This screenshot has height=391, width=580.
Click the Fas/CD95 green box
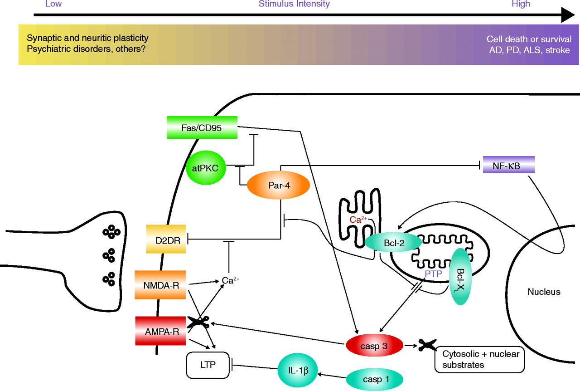pyautogui.click(x=202, y=127)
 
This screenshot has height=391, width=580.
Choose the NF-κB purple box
pyautogui.click(x=509, y=165)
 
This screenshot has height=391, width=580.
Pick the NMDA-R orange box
pyautogui.click(x=160, y=284)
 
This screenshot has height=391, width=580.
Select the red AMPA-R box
pyautogui.click(x=160, y=331)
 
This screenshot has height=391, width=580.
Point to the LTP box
pyautogui.click(x=208, y=365)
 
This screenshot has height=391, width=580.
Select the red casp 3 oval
pyautogui.click(x=374, y=346)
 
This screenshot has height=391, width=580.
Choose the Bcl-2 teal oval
pyautogui.click(x=393, y=243)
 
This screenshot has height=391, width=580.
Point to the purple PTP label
pyautogui.click(x=434, y=273)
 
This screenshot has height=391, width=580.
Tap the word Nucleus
pyautogui.click(x=544, y=292)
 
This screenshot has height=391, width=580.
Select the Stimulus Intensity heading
pyautogui.click(x=294, y=4)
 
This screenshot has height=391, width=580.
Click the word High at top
pyautogui.click(x=521, y=4)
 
